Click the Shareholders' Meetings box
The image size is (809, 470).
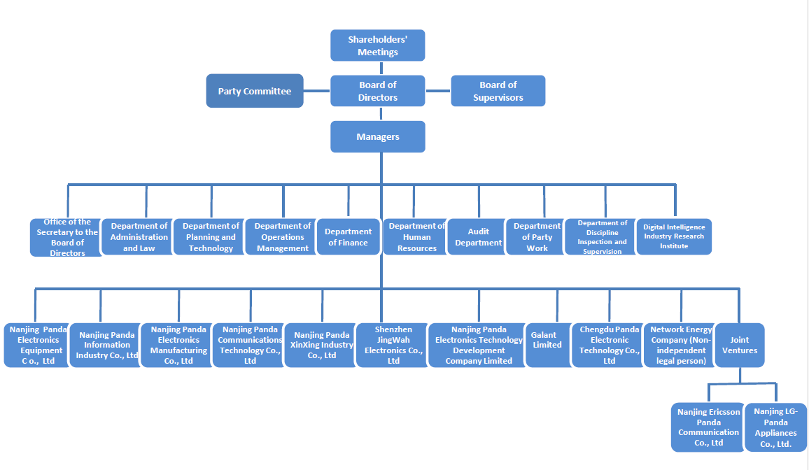[378, 45]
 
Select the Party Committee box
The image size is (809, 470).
[255, 91]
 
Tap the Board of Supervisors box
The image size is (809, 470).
[498, 91]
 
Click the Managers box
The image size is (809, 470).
[378, 136]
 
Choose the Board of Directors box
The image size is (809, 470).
[378, 91]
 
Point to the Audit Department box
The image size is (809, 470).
[478, 237]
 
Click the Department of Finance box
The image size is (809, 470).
[348, 237]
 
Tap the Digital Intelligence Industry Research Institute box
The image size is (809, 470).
[674, 236]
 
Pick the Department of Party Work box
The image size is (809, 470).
[536, 237]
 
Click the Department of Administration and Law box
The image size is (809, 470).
[138, 237]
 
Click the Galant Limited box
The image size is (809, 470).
[547, 345]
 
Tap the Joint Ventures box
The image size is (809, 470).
[739, 345]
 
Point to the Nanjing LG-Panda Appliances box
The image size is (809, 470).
[775, 427]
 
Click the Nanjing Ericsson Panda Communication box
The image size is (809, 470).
[708, 427]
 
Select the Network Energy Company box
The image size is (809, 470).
[680, 345]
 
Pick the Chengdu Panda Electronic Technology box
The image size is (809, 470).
[607, 345]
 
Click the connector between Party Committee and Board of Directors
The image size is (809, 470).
[317, 91]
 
